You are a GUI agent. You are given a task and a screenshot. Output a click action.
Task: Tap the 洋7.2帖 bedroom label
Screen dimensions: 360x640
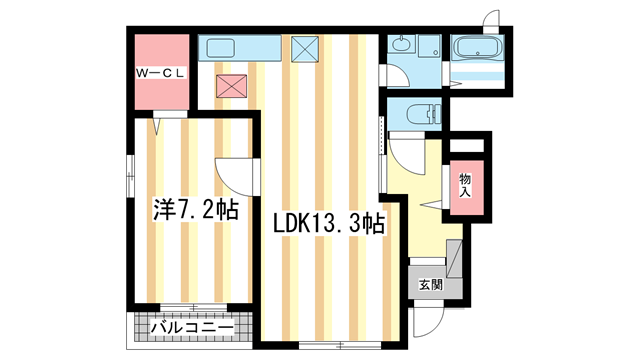(x=195, y=210)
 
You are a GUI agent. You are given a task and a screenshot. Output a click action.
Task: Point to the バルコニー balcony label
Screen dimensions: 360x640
(x=191, y=327)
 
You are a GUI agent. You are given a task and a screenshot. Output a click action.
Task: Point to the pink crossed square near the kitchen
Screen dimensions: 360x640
(x=232, y=86)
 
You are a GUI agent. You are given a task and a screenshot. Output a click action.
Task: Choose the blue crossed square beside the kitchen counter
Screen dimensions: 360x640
(x=304, y=48)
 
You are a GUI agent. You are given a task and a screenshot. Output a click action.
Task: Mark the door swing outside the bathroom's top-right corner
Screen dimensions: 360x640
(x=491, y=21)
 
